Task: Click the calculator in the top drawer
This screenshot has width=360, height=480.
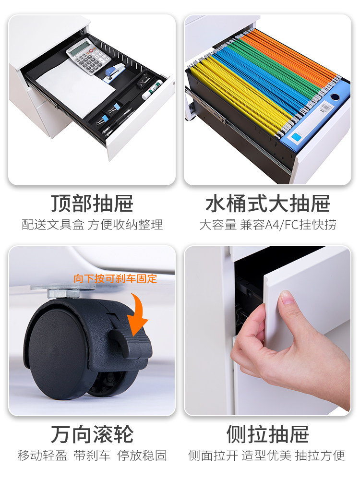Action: (x=88, y=56)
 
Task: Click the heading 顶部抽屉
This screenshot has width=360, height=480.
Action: (x=92, y=204)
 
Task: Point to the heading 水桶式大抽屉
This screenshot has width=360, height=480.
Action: (x=268, y=204)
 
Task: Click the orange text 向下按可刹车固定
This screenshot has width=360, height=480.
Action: (x=115, y=278)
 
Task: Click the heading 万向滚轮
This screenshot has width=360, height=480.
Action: (x=92, y=434)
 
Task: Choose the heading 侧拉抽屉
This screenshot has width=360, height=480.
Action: (x=267, y=434)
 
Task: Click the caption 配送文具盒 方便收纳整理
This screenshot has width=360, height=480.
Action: (x=92, y=225)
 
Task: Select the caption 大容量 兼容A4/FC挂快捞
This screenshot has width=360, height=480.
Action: (x=268, y=225)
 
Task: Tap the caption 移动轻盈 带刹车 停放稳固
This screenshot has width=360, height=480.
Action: (x=92, y=456)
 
